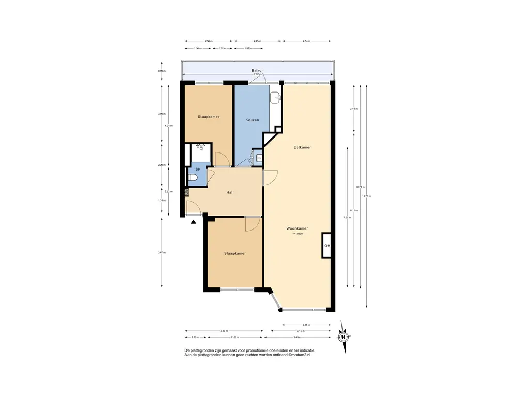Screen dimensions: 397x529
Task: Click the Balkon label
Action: [258, 70]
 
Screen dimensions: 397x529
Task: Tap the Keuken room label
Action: [252, 120]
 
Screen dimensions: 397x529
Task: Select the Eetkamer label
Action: [302, 147]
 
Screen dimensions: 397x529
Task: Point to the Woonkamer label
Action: [298, 228]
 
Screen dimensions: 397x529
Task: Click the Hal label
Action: [229, 192]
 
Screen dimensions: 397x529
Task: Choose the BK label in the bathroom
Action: [197, 169]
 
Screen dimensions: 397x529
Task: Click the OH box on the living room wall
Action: [327, 246]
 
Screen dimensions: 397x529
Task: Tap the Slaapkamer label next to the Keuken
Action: [209, 117]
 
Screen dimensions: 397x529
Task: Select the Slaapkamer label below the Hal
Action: [235, 253]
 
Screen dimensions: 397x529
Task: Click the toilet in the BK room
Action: [193, 178]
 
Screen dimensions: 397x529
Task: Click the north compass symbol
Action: [343, 337]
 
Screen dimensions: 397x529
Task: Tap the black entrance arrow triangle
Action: [194, 222]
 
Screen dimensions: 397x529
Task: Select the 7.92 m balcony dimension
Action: [257, 75]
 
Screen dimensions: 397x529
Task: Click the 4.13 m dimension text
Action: [224, 331]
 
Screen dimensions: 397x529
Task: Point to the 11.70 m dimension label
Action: [367, 196]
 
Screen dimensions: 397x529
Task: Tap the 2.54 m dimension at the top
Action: [307, 41]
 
